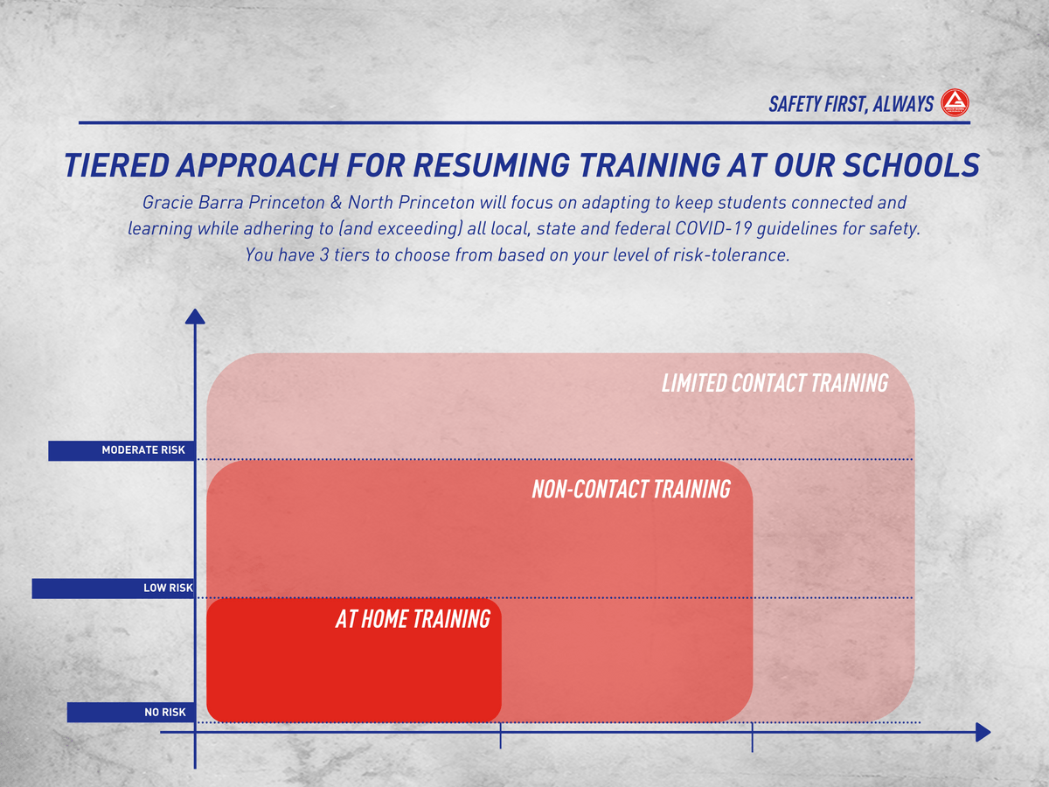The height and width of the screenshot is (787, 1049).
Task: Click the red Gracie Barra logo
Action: click(x=955, y=102)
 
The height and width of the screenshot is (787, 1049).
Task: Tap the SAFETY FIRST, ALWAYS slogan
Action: click(x=851, y=104)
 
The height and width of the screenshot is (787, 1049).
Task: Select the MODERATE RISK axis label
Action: click(x=142, y=450)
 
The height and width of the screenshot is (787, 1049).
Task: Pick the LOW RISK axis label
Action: click(x=168, y=588)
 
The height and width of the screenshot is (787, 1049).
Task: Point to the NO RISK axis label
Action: click(x=165, y=713)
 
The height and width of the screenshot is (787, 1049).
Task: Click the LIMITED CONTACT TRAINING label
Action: click(x=775, y=383)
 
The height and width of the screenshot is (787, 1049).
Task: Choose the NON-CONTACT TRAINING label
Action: click(x=631, y=490)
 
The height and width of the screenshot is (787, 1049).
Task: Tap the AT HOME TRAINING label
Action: click(x=413, y=619)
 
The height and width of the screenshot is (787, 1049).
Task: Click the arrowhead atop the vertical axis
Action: click(x=195, y=317)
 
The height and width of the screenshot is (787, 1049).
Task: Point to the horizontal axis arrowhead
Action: click(x=983, y=732)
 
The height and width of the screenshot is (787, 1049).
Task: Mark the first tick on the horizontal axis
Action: click(x=500, y=736)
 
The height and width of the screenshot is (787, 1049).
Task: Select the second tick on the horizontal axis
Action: click(x=753, y=738)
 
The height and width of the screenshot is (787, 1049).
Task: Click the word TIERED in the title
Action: click(x=116, y=165)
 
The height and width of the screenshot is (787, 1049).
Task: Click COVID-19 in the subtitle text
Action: click(x=713, y=228)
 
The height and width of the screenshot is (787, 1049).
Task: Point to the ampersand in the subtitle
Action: click(x=337, y=203)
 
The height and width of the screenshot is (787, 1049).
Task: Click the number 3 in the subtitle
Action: click(x=324, y=254)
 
